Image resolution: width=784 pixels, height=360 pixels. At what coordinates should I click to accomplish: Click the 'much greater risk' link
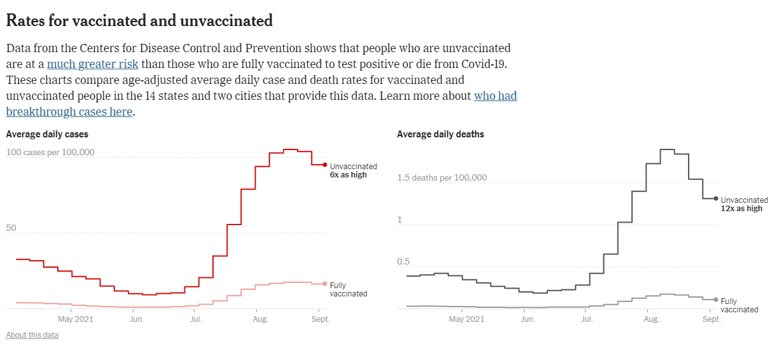click(x=93, y=64)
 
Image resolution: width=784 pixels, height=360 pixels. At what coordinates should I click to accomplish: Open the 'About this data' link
click(x=32, y=335)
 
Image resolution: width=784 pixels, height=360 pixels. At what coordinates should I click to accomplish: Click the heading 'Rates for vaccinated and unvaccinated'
click(x=139, y=20)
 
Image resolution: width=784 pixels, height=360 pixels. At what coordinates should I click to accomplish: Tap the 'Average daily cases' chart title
click(x=47, y=134)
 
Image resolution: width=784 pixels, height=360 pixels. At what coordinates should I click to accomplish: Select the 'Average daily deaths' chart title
click(x=440, y=134)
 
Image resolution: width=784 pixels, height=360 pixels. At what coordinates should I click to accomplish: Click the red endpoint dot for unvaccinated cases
click(x=325, y=165)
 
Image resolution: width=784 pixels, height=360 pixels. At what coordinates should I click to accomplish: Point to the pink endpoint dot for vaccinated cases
click(x=325, y=284)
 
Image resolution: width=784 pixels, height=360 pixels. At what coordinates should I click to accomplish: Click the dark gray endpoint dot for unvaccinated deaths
click(x=716, y=198)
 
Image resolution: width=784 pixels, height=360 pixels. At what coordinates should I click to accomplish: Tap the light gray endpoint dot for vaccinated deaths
click(x=716, y=300)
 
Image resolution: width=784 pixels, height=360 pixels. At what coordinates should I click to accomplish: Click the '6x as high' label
click(x=348, y=175)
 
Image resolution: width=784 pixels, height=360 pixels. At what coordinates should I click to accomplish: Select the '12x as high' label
click(x=741, y=209)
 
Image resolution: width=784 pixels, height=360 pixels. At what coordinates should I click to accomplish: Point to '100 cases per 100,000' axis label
click(x=50, y=153)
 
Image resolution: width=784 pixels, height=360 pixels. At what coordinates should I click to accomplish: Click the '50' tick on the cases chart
click(x=11, y=228)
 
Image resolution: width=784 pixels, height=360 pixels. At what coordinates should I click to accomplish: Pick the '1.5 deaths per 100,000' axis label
click(x=442, y=177)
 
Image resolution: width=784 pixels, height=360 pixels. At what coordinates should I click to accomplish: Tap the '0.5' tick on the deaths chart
click(x=403, y=261)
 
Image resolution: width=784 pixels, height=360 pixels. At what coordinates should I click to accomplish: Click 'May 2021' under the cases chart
click(x=76, y=319)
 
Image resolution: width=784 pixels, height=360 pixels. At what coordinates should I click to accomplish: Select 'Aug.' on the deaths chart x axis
click(x=651, y=319)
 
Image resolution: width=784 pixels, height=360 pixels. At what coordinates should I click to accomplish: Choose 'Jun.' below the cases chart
click(x=137, y=319)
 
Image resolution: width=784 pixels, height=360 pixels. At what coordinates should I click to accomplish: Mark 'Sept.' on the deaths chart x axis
click(x=712, y=319)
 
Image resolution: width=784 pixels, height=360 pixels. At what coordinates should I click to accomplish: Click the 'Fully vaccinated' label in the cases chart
click(x=348, y=289)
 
